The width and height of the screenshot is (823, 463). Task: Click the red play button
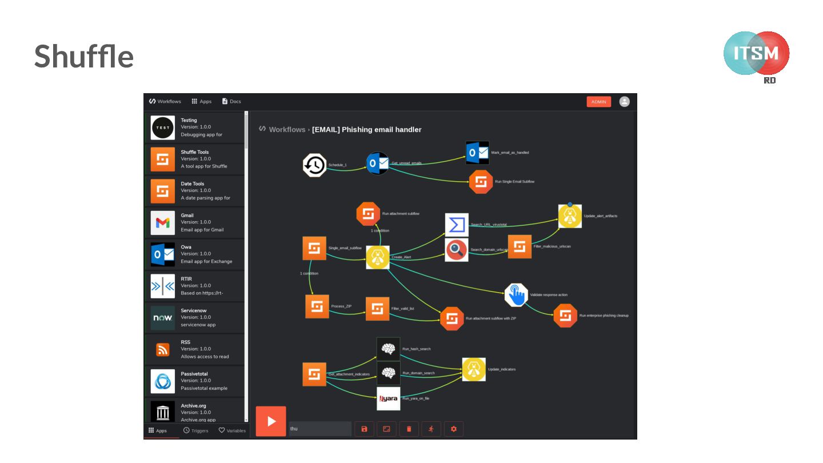(x=271, y=421)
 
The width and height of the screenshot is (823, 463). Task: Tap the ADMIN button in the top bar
(x=598, y=102)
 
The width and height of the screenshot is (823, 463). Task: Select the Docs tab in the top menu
(x=231, y=102)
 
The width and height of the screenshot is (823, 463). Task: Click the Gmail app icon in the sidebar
(x=163, y=223)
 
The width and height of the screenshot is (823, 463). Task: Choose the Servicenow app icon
(x=163, y=318)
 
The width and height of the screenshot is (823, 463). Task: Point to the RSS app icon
(x=163, y=350)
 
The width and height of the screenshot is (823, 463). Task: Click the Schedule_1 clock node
(x=314, y=165)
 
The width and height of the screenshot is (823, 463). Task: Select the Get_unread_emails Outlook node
(x=377, y=163)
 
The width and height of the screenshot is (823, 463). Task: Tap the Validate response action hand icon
(x=516, y=295)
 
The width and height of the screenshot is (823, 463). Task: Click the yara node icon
(x=389, y=398)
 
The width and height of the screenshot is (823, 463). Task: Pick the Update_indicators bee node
(x=474, y=369)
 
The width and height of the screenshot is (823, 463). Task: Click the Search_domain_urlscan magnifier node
(x=457, y=250)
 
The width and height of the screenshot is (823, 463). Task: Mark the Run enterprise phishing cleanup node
(x=565, y=316)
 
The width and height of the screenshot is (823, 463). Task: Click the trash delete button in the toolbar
(x=409, y=429)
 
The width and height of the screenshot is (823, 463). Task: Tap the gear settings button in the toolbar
(x=454, y=429)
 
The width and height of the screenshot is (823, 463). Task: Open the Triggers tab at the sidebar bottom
(x=196, y=430)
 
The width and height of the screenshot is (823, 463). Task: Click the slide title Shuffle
(x=84, y=57)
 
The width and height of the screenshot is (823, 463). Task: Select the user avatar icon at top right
(x=624, y=102)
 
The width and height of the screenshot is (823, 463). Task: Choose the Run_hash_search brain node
(x=389, y=349)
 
